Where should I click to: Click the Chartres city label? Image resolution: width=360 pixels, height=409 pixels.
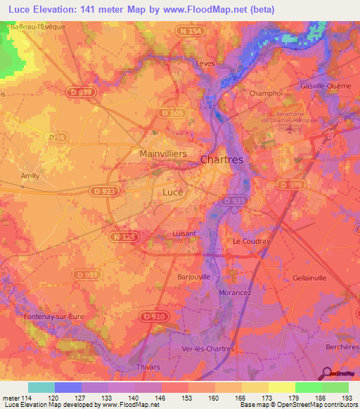pos(221,160)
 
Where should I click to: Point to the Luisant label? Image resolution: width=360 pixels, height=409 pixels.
pos(184,233)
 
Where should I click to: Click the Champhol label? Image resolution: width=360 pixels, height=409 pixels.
pos(266,93)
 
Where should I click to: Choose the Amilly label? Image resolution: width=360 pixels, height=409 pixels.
pos(30,176)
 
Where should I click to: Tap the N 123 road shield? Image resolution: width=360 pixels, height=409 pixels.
pos(121,238)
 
